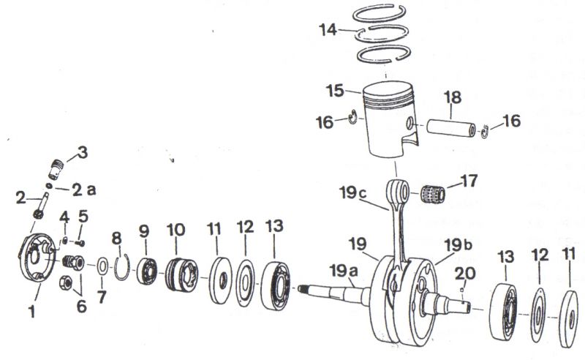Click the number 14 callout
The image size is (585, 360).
coord(328,31)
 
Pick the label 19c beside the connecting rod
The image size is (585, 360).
coord(352,194)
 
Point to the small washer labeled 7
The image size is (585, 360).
coord(102,263)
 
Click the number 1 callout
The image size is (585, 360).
coord(32,312)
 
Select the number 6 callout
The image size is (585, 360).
coord(81,306)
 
